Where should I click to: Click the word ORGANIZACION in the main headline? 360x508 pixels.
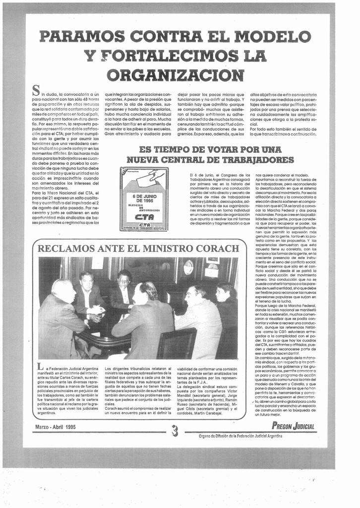176,75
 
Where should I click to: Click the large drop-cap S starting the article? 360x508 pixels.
36,90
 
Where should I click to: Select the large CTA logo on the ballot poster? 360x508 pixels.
144,217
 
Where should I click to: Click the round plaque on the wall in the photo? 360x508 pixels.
188,267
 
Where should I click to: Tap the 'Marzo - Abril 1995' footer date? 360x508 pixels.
56,427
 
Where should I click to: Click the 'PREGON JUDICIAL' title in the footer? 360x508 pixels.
293,426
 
